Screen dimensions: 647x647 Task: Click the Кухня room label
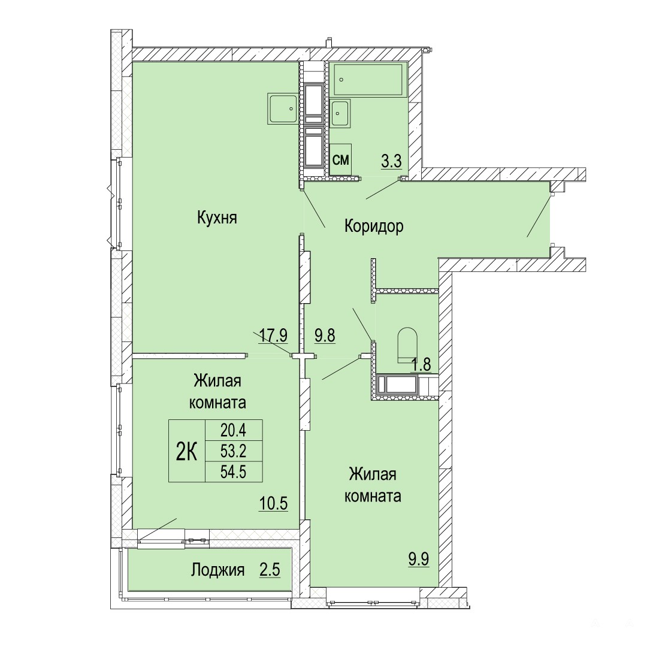217,217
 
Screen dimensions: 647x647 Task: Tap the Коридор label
374,226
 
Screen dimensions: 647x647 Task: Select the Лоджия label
218,570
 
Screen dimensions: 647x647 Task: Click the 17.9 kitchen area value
273,335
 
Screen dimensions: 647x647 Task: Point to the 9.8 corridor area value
325,335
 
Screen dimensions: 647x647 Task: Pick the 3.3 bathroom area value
391,161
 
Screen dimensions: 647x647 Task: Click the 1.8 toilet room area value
421,364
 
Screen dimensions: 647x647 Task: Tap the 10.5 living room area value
273,503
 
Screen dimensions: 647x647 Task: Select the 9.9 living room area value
419,559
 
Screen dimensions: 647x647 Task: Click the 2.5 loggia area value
270,570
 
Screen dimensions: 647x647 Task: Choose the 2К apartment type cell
186,451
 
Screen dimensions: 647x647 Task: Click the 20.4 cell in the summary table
234,430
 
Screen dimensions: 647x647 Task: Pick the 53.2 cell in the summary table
234,451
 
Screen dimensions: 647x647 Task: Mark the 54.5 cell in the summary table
234,471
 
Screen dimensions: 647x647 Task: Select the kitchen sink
283,108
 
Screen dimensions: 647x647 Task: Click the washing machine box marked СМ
341,159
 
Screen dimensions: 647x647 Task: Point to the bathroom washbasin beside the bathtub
340,113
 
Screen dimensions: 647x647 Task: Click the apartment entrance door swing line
539,216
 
